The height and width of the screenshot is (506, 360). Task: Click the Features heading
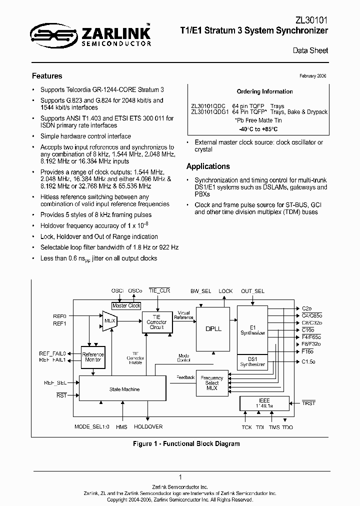tap(47, 76)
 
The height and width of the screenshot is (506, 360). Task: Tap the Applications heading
tap(208, 166)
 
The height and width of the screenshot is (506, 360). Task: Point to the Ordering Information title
tap(264, 91)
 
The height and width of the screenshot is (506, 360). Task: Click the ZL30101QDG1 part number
tap(208, 112)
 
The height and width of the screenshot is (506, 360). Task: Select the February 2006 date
tap(312, 75)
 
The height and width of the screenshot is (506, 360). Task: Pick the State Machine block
tap(124, 389)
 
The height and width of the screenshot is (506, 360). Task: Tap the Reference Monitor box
tap(92, 357)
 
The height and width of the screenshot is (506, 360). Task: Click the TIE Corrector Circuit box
tap(156, 322)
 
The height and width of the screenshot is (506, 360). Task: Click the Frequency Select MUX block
tap(212, 384)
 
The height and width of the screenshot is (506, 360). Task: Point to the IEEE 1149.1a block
tap(264, 403)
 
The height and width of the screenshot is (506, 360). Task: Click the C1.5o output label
tap(308, 361)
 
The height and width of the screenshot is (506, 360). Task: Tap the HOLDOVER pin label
tap(148, 426)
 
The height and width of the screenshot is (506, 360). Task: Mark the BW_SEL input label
tap(201, 291)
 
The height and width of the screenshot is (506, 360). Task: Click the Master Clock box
tap(126, 305)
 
